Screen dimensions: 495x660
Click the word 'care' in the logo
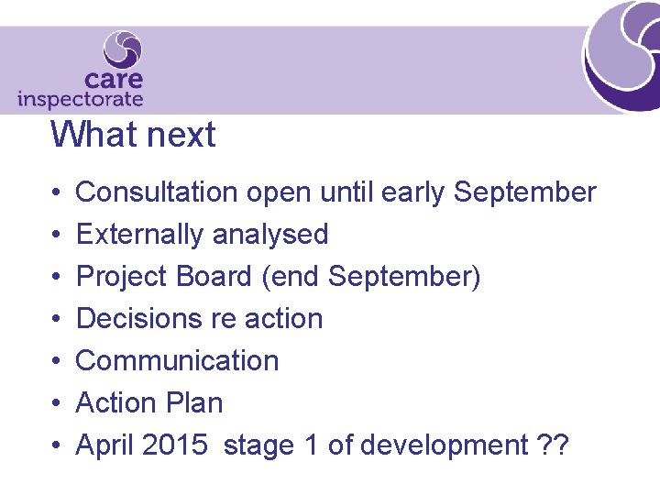[113, 80]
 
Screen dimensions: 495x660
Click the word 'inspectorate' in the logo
[81, 99]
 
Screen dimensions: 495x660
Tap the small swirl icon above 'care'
[123, 49]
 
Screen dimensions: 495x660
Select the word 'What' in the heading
[91, 135]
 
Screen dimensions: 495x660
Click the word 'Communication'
[177, 361]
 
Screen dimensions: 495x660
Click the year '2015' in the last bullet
[175, 445]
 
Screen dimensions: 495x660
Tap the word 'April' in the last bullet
[104, 445]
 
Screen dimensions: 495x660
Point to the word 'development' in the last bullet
[445, 445]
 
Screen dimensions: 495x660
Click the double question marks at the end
[554, 445]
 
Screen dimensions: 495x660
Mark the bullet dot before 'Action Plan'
[56, 403]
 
